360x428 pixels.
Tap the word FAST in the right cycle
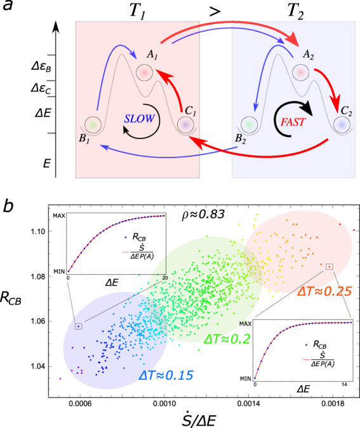pos(288,118)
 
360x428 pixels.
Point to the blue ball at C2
pos(342,125)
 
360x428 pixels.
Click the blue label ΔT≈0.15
pos(167,375)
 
